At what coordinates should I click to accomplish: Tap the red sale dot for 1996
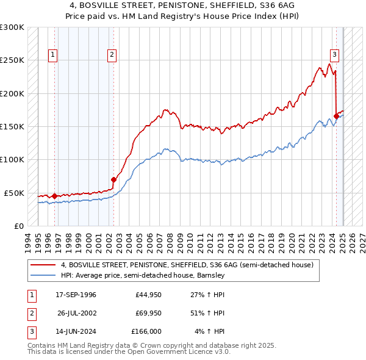pos(54,196)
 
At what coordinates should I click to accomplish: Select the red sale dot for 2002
pos(113,179)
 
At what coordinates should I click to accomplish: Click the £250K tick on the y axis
pos(12,60)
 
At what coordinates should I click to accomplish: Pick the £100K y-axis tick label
pos(12,159)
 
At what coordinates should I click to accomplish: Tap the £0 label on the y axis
pos(18,226)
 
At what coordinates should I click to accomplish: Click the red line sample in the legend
pos(43,265)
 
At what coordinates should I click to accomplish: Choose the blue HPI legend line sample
pos(43,276)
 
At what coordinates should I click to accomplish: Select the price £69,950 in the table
pos(148,313)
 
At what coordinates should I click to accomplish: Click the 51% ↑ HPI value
pos(210,313)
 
